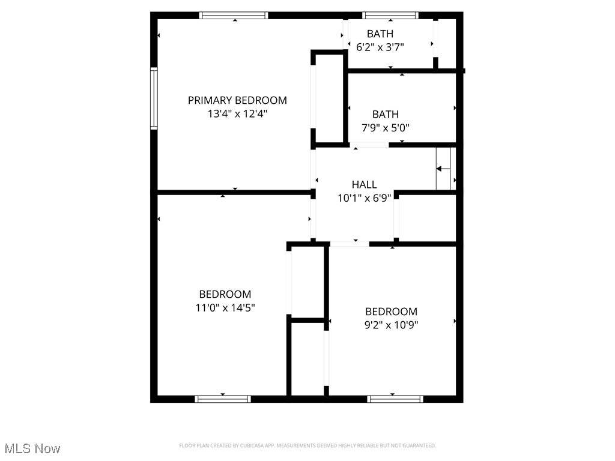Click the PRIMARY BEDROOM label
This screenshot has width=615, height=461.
pyautogui.click(x=237, y=100)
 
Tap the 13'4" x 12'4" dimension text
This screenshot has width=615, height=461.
pyautogui.click(x=237, y=113)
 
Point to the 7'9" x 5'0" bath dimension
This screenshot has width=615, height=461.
pyautogui.click(x=385, y=127)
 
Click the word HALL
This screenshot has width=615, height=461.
pyautogui.click(x=364, y=184)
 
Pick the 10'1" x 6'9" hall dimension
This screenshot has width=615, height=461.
pyautogui.click(x=364, y=197)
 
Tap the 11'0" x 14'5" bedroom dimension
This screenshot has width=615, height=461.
pyautogui.click(x=225, y=307)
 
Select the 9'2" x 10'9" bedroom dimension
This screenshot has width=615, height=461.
pyautogui.click(x=391, y=325)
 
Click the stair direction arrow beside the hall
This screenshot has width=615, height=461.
pyautogui.click(x=443, y=169)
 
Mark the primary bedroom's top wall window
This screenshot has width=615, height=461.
pyautogui.click(x=234, y=16)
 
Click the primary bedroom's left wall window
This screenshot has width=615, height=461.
pyautogui.click(x=154, y=98)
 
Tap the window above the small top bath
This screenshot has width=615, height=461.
pyautogui.click(x=390, y=16)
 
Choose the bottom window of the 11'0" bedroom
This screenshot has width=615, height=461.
pyautogui.click(x=223, y=399)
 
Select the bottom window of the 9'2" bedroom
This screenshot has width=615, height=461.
pyautogui.click(x=395, y=399)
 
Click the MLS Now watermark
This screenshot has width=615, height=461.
pyautogui.click(x=32, y=448)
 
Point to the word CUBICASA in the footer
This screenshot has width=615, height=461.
pyautogui.click(x=243, y=445)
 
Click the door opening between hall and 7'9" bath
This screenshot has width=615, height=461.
pyautogui.click(x=369, y=145)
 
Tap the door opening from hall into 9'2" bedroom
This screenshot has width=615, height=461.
pyautogui.click(x=350, y=244)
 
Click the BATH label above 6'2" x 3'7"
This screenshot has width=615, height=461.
pyautogui.click(x=380, y=34)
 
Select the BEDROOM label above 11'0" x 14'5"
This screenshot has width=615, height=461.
pyautogui.click(x=225, y=294)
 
